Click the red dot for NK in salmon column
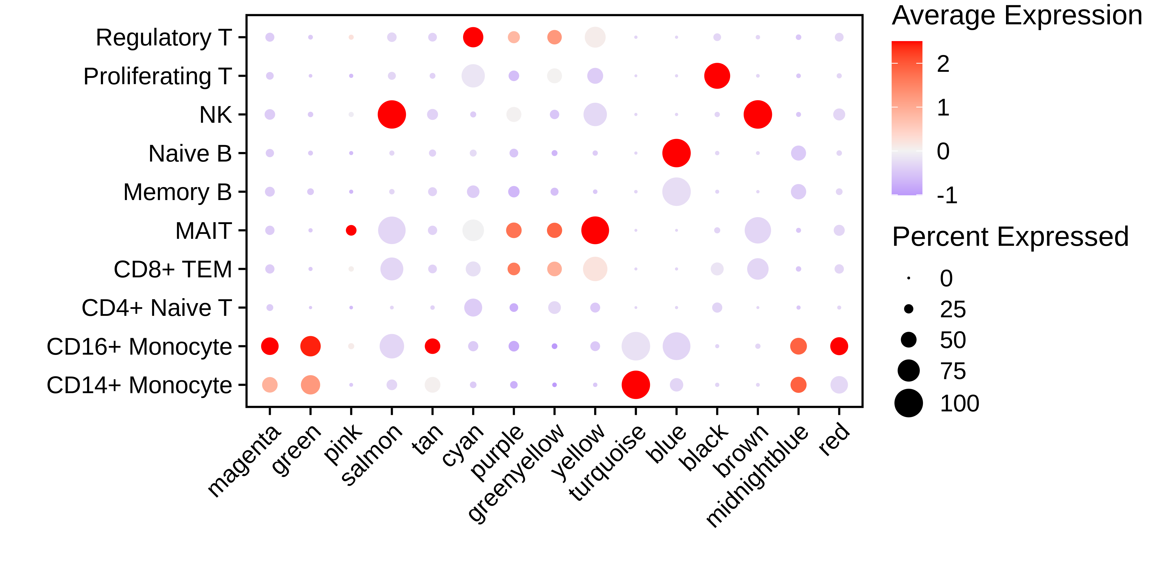(x=392, y=115)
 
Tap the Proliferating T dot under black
(x=717, y=76)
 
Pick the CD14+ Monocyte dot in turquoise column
(x=635, y=385)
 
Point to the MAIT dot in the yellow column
(x=595, y=230)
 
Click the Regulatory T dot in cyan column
(x=473, y=37)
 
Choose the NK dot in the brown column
(x=758, y=115)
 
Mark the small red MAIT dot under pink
(x=351, y=230)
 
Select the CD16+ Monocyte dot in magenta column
(x=270, y=346)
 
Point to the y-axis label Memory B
(x=177, y=192)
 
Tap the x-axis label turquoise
(x=607, y=463)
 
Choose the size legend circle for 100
(x=909, y=403)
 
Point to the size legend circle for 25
(x=909, y=309)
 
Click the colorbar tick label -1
(x=947, y=195)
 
